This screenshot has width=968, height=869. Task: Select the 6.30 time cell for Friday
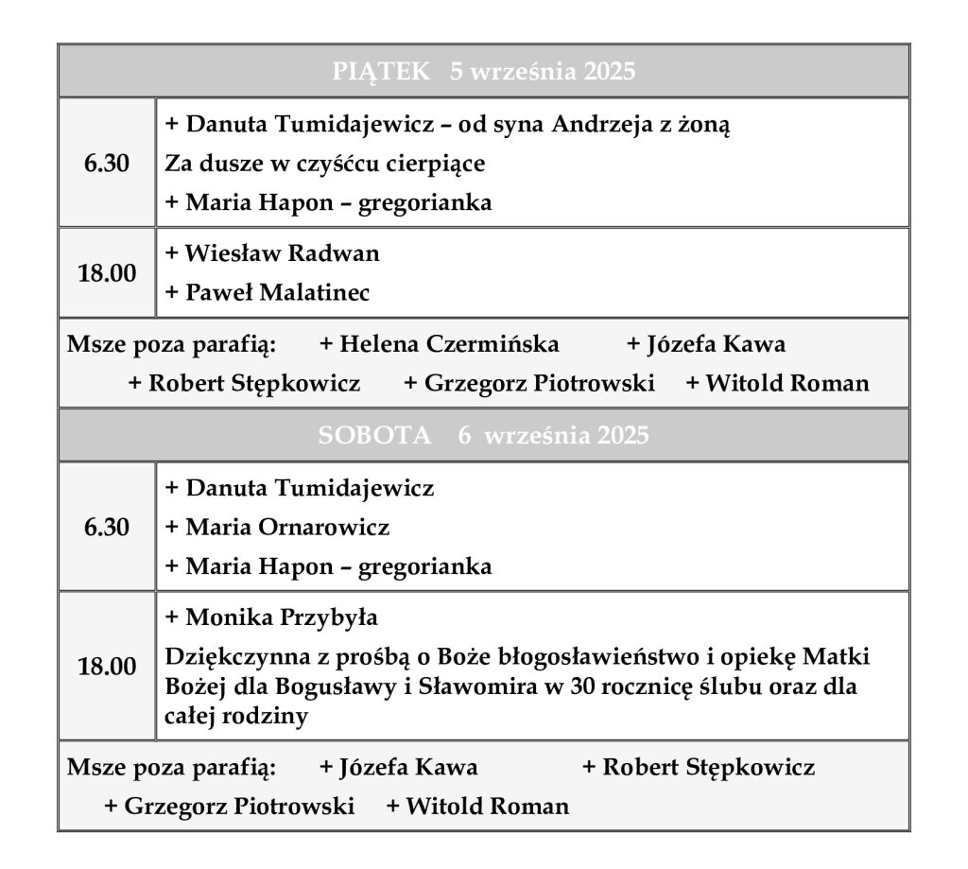(107, 164)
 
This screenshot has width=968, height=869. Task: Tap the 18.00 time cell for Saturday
(107, 667)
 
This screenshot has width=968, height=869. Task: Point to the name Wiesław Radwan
(283, 253)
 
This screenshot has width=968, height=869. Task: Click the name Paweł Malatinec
(277, 293)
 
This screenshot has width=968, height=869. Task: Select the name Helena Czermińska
(449, 344)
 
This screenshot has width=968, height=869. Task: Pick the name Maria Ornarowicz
(287, 528)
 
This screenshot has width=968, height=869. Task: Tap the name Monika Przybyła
(282, 618)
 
